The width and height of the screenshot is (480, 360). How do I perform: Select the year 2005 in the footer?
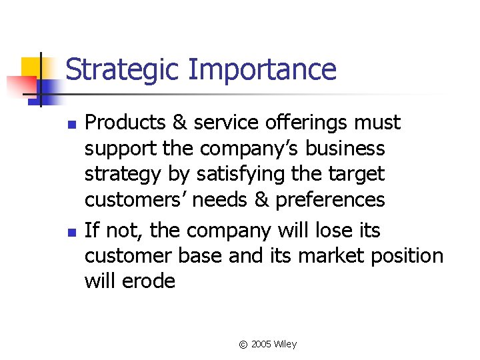pos(261,345)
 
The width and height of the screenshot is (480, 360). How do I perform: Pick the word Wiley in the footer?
pos(285,345)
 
